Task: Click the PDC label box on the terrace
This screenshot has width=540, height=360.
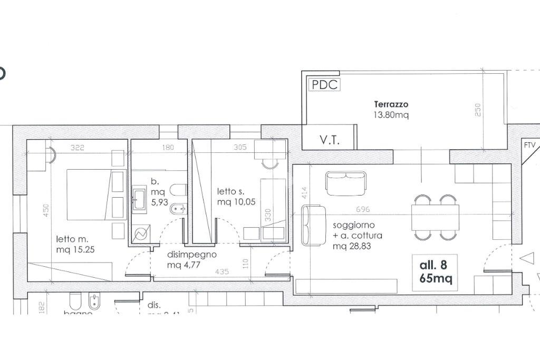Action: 324,84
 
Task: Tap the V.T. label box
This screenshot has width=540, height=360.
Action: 330,140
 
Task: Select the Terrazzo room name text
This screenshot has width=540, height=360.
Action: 391,104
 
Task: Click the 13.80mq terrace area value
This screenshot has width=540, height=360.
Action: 391,114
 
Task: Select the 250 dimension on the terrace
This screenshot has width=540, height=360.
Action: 478,110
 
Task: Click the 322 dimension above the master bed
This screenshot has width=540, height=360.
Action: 77,148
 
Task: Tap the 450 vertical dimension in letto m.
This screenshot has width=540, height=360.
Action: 46,211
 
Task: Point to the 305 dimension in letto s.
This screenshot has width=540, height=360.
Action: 240,148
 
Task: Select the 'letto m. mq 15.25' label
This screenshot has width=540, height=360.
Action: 75,245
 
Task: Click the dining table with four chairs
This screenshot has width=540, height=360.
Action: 435,217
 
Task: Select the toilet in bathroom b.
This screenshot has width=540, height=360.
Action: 179,190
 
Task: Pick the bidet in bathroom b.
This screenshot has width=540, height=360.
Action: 177,210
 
